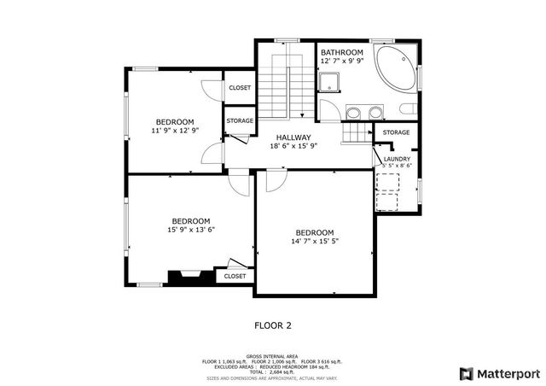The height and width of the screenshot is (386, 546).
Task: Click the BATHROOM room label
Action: [x=341, y=52]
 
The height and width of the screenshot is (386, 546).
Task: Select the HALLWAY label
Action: [x=293, y=137]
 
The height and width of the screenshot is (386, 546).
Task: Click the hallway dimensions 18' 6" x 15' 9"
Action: [x=293, y=146]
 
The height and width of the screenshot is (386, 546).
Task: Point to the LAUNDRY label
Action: [x=398, y=158]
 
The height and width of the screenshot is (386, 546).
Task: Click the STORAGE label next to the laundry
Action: [x=396, y=132]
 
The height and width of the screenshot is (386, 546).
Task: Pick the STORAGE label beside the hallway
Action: [x=240, y=121]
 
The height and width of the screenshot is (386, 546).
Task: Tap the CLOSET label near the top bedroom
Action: [x=240, y=88]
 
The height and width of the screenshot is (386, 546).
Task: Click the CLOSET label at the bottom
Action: [x=235, y=276]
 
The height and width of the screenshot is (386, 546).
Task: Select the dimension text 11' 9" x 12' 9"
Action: [x=175, y=131]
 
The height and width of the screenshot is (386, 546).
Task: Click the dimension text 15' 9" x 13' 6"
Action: [x=191, y=229]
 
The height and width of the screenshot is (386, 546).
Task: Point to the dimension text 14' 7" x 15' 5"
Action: [x=315, y=243]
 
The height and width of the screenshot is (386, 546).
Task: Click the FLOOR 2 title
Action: [x=273, y=325]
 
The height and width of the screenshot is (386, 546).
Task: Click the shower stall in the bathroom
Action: [x=328, y=82]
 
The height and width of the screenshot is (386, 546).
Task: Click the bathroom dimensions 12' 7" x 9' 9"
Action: [x=341, y=61]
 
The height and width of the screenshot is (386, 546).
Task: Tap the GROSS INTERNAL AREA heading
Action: [x=272, y=356]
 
